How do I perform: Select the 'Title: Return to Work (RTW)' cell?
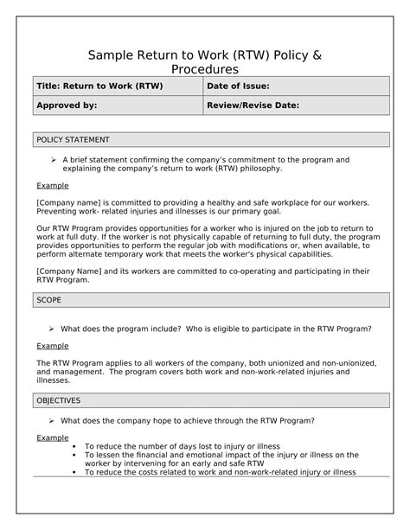[x=99, y=86]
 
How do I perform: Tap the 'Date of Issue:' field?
[x=239, y=86]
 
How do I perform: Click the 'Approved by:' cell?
[x=66, y=105]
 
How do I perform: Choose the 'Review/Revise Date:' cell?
[x=253, y=105]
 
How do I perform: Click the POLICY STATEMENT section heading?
[x=73, y=140]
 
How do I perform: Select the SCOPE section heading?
[x=49, y=300]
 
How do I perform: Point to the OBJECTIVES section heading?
[x=59, y=401]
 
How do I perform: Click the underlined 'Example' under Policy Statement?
[x=52, y=186]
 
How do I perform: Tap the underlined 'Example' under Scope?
[x=52, y=346]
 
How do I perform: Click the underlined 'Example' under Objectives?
[x=52, y=437]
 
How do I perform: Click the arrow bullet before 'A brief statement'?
[x=53, y=160]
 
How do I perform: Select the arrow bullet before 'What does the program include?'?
[x=53, y=329]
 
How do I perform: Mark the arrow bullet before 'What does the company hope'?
[x=53, y=420]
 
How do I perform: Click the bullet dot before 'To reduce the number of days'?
[x=75, y=447]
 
